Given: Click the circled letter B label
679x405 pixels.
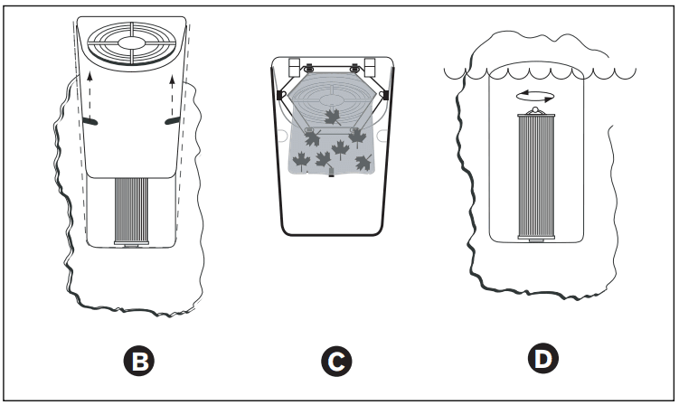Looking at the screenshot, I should (140, 362).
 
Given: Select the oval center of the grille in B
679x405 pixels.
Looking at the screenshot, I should (131, 42).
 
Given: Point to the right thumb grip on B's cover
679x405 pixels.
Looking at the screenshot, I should (172, 120).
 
